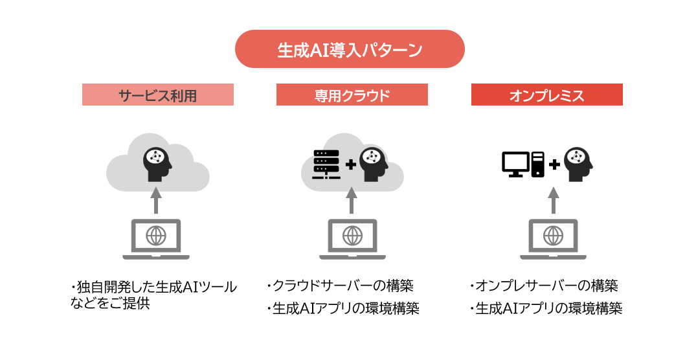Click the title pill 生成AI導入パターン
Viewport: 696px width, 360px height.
pos(350,49)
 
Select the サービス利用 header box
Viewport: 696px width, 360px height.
pos(158,95)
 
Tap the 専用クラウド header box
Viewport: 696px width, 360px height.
pos(352,95)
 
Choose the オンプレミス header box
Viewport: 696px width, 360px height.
pos(547,95)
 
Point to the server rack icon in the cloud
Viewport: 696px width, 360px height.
pos(326,164)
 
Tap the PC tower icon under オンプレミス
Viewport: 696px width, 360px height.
pos(538,164)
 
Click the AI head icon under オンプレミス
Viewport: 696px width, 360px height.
pos(578,164)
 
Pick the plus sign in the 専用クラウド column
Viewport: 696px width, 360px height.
pos(351,164)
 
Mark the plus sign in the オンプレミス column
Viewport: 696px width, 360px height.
pos(554,164)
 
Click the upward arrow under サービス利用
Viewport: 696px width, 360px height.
pos(156,200)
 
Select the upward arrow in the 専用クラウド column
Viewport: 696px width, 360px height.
pos(352,200)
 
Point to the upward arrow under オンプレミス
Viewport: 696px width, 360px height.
pos(553,200)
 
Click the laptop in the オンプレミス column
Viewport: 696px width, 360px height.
pos(553,240)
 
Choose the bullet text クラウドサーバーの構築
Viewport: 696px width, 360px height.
pos(342,286)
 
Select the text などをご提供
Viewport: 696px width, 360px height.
pos(109,303)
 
